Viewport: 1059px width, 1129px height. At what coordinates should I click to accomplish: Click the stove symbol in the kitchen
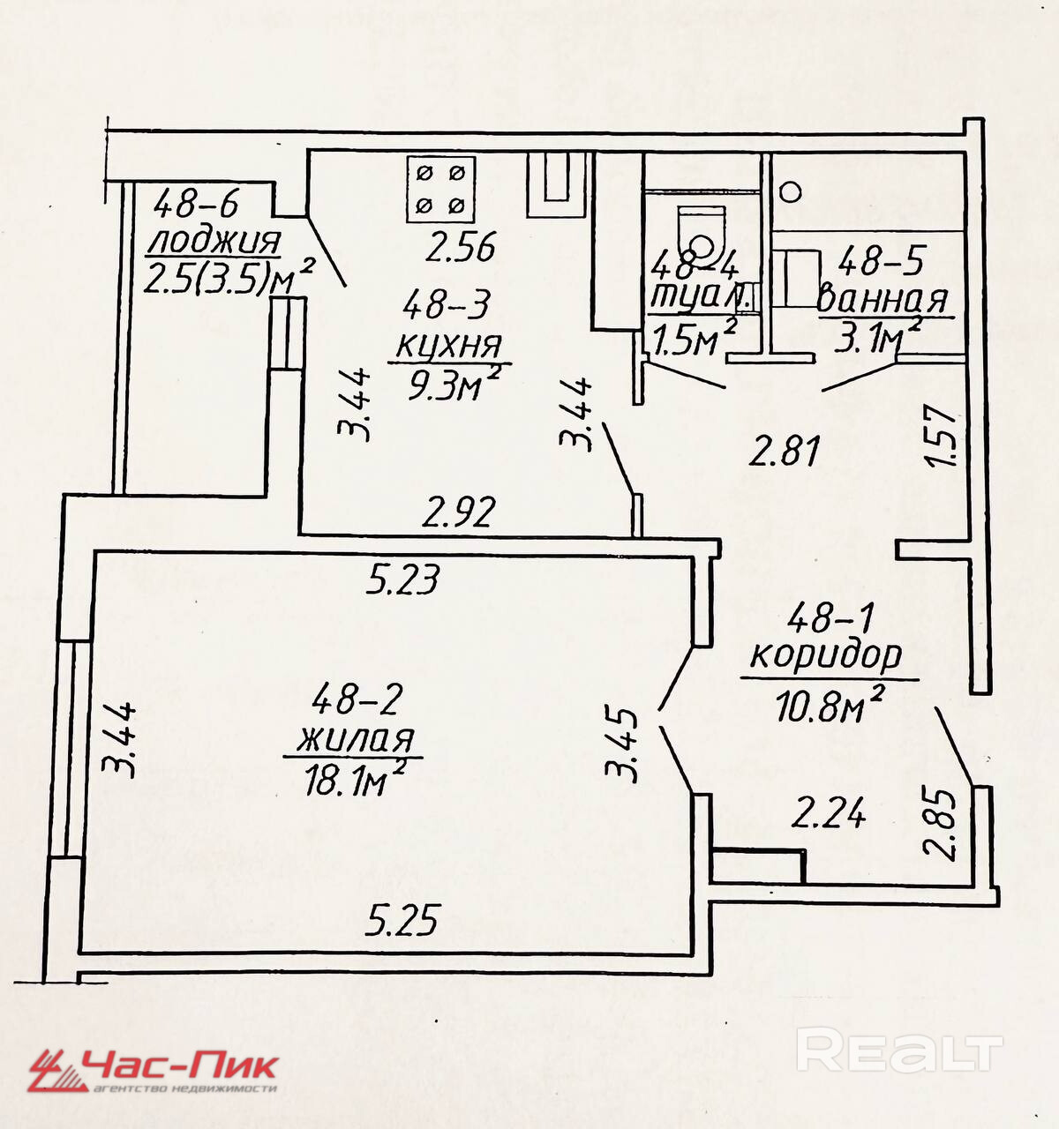(440, 189)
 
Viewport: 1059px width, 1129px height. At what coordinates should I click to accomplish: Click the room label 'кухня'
(448, 345)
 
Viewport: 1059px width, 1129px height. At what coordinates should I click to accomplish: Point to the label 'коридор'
(826, 654)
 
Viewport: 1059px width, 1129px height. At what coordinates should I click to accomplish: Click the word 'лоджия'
(214, 241)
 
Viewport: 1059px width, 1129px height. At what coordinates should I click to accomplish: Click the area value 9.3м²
(454, 385)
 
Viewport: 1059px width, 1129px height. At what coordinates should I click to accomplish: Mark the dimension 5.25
(402, 922)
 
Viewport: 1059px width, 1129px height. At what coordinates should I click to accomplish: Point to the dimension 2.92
(459, 512)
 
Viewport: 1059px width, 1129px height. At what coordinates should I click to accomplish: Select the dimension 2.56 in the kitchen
(460, 247)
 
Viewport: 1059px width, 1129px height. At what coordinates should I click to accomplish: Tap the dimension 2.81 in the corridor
(785, 451)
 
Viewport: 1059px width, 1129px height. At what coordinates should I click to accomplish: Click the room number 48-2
(357, 700)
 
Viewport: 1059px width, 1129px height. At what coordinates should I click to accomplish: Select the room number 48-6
(196, 206)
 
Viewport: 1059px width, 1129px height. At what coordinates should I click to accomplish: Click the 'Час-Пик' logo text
(181, 1065)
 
